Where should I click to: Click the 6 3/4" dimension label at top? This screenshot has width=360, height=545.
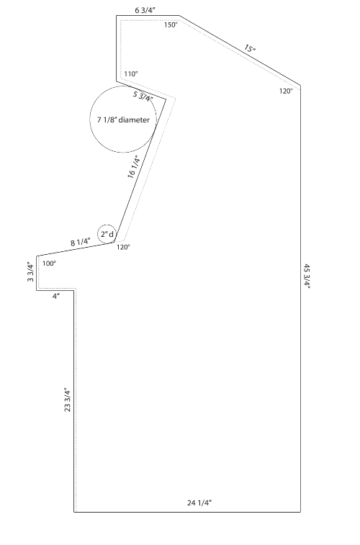[x=145, y=10]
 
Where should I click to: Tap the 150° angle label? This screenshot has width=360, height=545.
[x=171, y=25]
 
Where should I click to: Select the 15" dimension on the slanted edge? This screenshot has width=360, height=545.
[x=250, y=48]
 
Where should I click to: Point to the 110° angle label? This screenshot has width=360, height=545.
[x=131, y=73]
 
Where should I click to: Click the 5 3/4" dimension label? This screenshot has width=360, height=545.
[x=143, y=96]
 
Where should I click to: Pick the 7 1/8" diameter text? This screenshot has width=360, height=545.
[x=123, y=120]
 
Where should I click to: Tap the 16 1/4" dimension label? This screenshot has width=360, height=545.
[x=134, y=167]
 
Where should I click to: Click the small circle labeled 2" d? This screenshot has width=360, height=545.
[x=107, y=234]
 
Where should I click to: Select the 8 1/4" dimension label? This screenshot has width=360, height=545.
[x=81, y=242]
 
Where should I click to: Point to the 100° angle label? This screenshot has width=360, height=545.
[x=50, y=264]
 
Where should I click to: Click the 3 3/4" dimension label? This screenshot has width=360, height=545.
[x=31, y=272]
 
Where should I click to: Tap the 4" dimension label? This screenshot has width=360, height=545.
[x=56, y=296]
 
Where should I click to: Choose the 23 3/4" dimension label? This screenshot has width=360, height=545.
[x=68, y=400]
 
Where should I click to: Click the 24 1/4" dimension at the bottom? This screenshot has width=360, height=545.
[x=199, y=503]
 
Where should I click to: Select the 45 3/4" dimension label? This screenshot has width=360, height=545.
[x=307, y=276]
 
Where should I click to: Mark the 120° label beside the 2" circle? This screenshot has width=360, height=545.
[x=123, y=247]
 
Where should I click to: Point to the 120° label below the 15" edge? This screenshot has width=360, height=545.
[x=286, y=91]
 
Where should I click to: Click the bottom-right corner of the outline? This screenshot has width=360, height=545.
[x=300, y=512]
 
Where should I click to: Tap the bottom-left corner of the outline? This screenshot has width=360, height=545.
[x=73, y=512]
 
